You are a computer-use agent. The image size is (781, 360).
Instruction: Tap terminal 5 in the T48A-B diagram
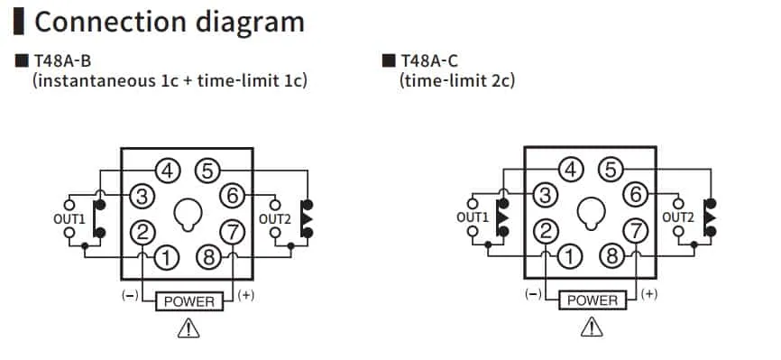coord(208,169)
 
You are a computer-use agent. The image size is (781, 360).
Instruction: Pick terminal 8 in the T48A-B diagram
coord(208,258)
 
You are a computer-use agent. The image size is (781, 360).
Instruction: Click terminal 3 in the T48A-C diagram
coord(545,193)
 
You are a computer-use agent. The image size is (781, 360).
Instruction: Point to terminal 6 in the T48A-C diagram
coord(637,193)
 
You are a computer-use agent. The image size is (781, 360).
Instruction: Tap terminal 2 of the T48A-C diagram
coord(545,232)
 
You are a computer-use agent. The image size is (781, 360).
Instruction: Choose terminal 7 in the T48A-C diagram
coord(637,232)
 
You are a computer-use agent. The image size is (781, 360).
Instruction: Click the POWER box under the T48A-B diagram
coord(188,300)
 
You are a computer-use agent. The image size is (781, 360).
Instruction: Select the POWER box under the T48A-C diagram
coord(593,300)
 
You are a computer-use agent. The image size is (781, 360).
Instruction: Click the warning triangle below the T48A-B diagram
coord(188,328)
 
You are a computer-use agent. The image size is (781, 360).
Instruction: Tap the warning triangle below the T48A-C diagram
coord(593,328)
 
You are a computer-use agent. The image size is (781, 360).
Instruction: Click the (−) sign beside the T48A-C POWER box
coord(532,295)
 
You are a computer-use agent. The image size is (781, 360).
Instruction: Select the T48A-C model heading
coord(428,62)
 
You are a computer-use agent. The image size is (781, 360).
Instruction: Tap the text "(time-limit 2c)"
coord(457,81)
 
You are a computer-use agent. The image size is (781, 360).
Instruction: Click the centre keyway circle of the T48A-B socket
coord(188,215)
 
